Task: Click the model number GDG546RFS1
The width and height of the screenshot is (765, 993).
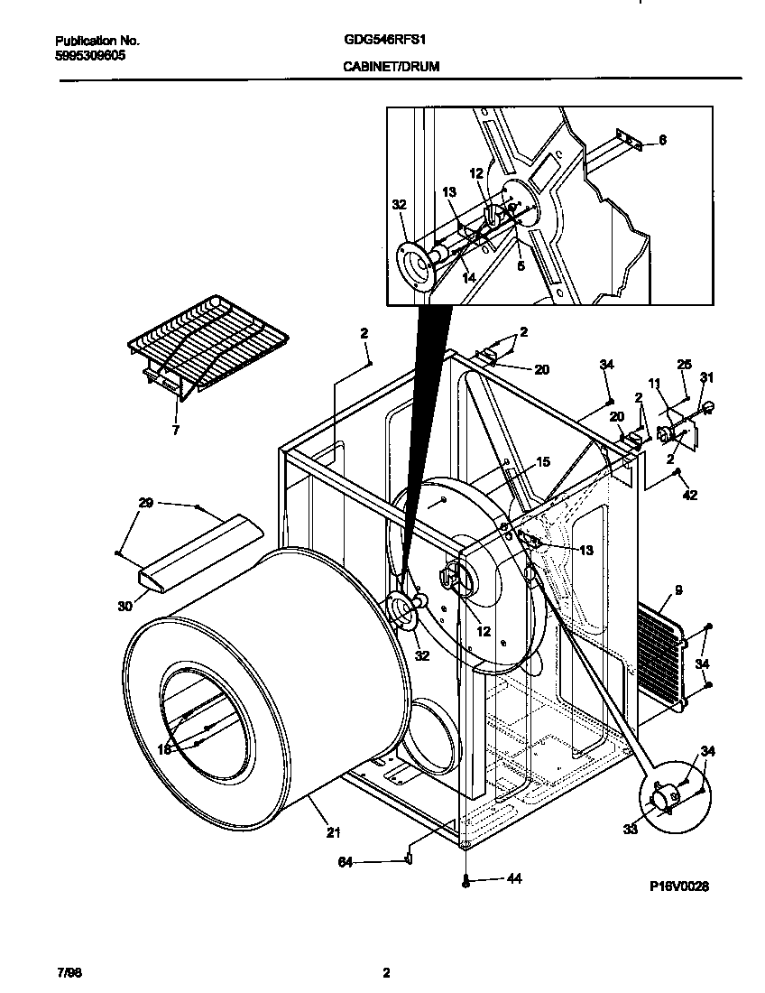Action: pyautogui.click(x=385, y=41)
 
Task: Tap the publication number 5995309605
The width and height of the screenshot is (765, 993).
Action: pyautogui.click(x=90, y=55)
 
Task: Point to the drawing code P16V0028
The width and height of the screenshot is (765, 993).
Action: pyautogui.click(x=678, y=886)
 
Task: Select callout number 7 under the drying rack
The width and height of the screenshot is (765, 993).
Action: pyautogui.click(x=175, y=431)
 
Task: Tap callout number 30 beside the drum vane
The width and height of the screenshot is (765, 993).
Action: pyautogui.click(x=124, y=606)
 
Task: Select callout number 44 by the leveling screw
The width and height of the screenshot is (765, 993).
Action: pyautogui.click(x=514, y=877)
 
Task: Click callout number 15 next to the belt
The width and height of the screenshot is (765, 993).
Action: pyautogui.click(x=542, y=462)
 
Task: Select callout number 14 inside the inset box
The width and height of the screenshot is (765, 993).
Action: pyautogui.click(x=468, y=278)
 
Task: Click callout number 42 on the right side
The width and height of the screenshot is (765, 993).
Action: pyautogui.click(x=690, y=495)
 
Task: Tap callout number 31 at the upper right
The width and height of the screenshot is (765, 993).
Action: pyautogui.click(x=706, y=377)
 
